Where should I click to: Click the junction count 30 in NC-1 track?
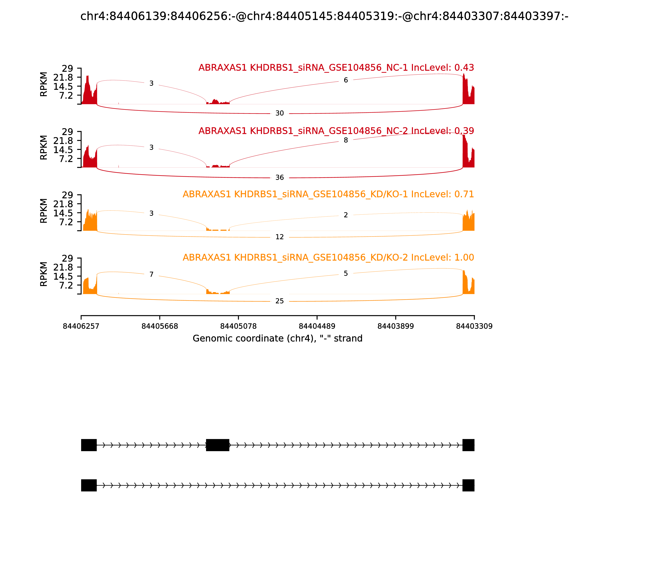coord(279,113)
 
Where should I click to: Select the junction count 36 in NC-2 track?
coord(279,177)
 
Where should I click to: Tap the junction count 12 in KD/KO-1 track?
coord(279,237)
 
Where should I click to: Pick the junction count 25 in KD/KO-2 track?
coord(279,301)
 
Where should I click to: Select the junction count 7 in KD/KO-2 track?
coord(152,274)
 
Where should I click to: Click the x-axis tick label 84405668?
coord(160,326)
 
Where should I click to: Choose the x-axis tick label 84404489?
coord(317,326)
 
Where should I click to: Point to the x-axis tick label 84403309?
coord(474,326)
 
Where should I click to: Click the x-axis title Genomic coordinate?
coord(277,339)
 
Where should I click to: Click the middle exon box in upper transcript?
coord(217,445)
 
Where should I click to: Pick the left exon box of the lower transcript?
coord(89,485)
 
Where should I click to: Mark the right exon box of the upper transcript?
coord(468,445)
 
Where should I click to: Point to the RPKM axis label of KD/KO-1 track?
coord(44,211)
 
